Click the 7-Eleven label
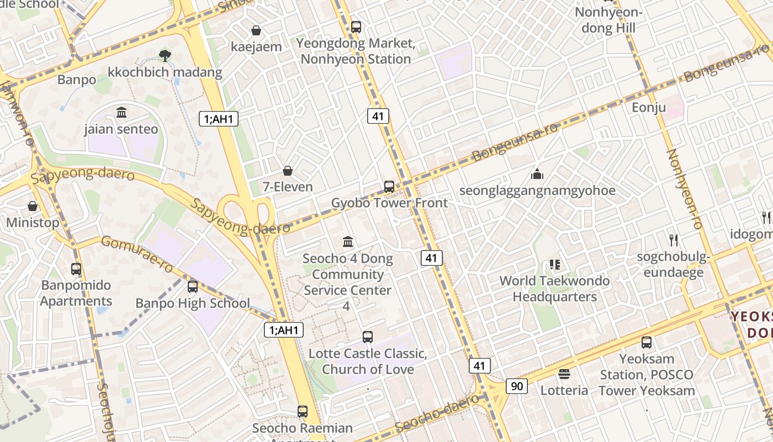click(288, 187)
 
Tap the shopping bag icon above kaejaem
click(256, 30)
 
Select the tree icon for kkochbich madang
click(165, 55)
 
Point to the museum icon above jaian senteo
click(121, 113)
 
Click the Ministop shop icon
click(33, 206)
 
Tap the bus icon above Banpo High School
click(193, 287)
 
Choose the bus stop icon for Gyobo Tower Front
click(389, 186)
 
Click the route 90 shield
click(516, 386)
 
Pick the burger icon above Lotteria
click(564, 374)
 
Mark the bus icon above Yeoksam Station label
click(647, 343)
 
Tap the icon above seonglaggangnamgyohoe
click(537, 175)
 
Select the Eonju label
click(649, 108)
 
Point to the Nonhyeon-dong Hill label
click(608, 20)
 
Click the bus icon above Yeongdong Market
click(356, 27)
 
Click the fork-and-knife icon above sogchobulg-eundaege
click(673, 240)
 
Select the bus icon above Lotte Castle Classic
click(368, 336)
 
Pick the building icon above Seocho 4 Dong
click(348, 241)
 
